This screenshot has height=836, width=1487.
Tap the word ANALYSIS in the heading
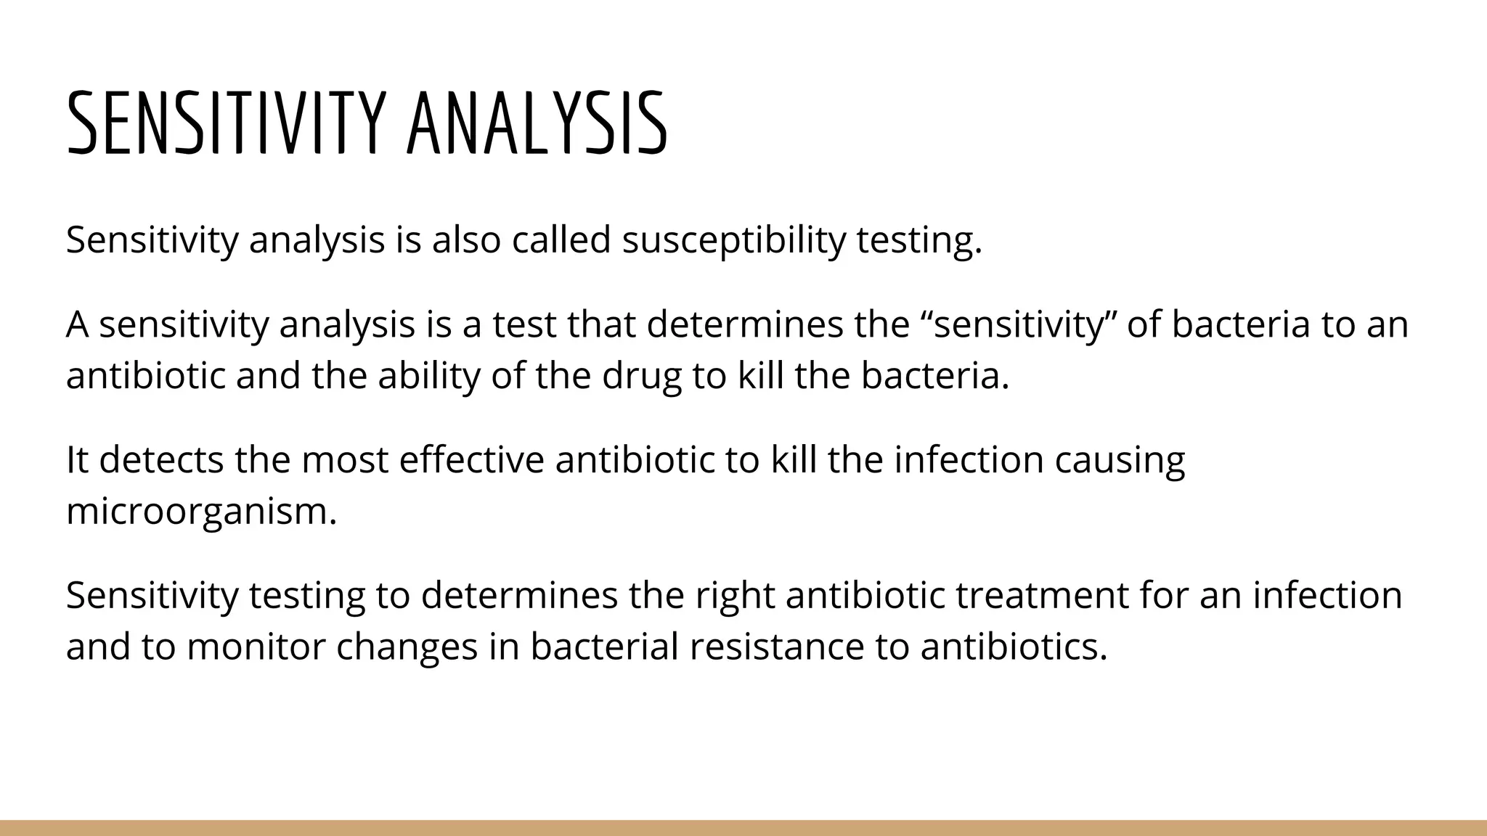coord(536,123)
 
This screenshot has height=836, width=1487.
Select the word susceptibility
coord(733,239)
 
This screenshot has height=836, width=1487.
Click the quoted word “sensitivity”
coord(1018,324)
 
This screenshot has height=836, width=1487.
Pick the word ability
coord(428,376)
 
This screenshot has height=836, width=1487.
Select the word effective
coord(471,459)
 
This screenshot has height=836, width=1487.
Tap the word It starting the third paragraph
coord(77,459)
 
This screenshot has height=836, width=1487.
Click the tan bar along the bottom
coord(743,828)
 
